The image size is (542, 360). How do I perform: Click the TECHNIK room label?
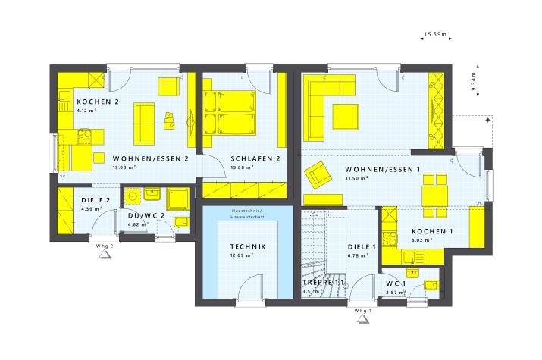(248, 246)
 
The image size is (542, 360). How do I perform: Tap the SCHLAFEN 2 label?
(255, 159)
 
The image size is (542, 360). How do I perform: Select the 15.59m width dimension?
(436, 34)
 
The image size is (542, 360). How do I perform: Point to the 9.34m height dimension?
(474, 81)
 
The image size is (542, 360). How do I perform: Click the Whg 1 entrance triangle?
(362, 320)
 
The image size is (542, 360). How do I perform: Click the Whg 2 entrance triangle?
(105, 255)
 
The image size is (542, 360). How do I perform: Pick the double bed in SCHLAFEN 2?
(230, 114)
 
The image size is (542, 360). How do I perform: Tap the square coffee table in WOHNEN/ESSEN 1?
(346, 117)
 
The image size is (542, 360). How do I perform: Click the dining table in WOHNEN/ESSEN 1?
(435, 196)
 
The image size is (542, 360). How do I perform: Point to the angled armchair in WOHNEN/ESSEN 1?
(318, 175)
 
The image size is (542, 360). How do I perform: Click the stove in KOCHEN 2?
(84, 136)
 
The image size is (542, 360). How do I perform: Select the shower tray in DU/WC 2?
(177, 199)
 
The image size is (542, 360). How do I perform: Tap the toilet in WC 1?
(431, 286)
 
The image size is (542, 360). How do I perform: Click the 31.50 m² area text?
(356, 178)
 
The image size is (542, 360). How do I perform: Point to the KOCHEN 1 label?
(432, 231)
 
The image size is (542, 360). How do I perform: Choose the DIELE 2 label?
(96, 200)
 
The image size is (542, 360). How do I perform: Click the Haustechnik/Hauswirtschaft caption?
(247, 214)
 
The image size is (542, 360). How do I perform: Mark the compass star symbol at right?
(487, 120)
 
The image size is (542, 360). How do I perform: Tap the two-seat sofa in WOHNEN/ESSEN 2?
(144, 124)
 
